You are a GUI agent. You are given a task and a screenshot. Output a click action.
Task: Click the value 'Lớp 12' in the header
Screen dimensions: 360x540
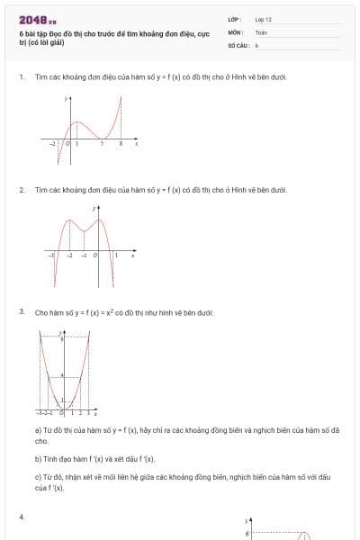[263, 19]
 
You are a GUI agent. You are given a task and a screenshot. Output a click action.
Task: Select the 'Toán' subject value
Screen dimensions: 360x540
[261, 31]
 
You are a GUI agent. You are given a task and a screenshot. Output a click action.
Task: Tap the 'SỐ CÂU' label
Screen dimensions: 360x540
[238, 44]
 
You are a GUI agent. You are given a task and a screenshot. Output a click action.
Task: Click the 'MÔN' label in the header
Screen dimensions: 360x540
[234, 31]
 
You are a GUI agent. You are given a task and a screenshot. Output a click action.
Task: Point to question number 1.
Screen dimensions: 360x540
[21, 77]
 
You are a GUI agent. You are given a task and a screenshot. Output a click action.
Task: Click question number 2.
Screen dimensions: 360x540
[21, 190]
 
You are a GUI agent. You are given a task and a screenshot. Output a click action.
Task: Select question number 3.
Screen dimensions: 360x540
[21, 311]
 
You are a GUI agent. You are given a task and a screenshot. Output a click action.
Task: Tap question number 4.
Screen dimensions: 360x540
[21, 516]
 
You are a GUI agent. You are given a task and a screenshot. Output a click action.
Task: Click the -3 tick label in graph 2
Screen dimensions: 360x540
[52, 256]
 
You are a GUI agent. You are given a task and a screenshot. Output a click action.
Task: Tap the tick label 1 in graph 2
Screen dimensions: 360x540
[115, 256]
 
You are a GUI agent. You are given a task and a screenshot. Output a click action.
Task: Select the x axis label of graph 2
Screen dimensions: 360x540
[133, 256]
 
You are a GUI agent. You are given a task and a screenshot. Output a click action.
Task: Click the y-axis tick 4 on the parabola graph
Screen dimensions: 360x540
[61, 374]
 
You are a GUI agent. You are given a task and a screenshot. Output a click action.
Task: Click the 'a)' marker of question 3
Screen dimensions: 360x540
[38, 430]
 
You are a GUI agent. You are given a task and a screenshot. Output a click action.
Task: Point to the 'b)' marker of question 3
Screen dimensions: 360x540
[38, 458]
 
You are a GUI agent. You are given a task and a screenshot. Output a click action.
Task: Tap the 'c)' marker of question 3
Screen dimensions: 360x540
[38, 476]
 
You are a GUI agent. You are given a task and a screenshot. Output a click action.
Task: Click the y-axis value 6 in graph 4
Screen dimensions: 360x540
[246, 534]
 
